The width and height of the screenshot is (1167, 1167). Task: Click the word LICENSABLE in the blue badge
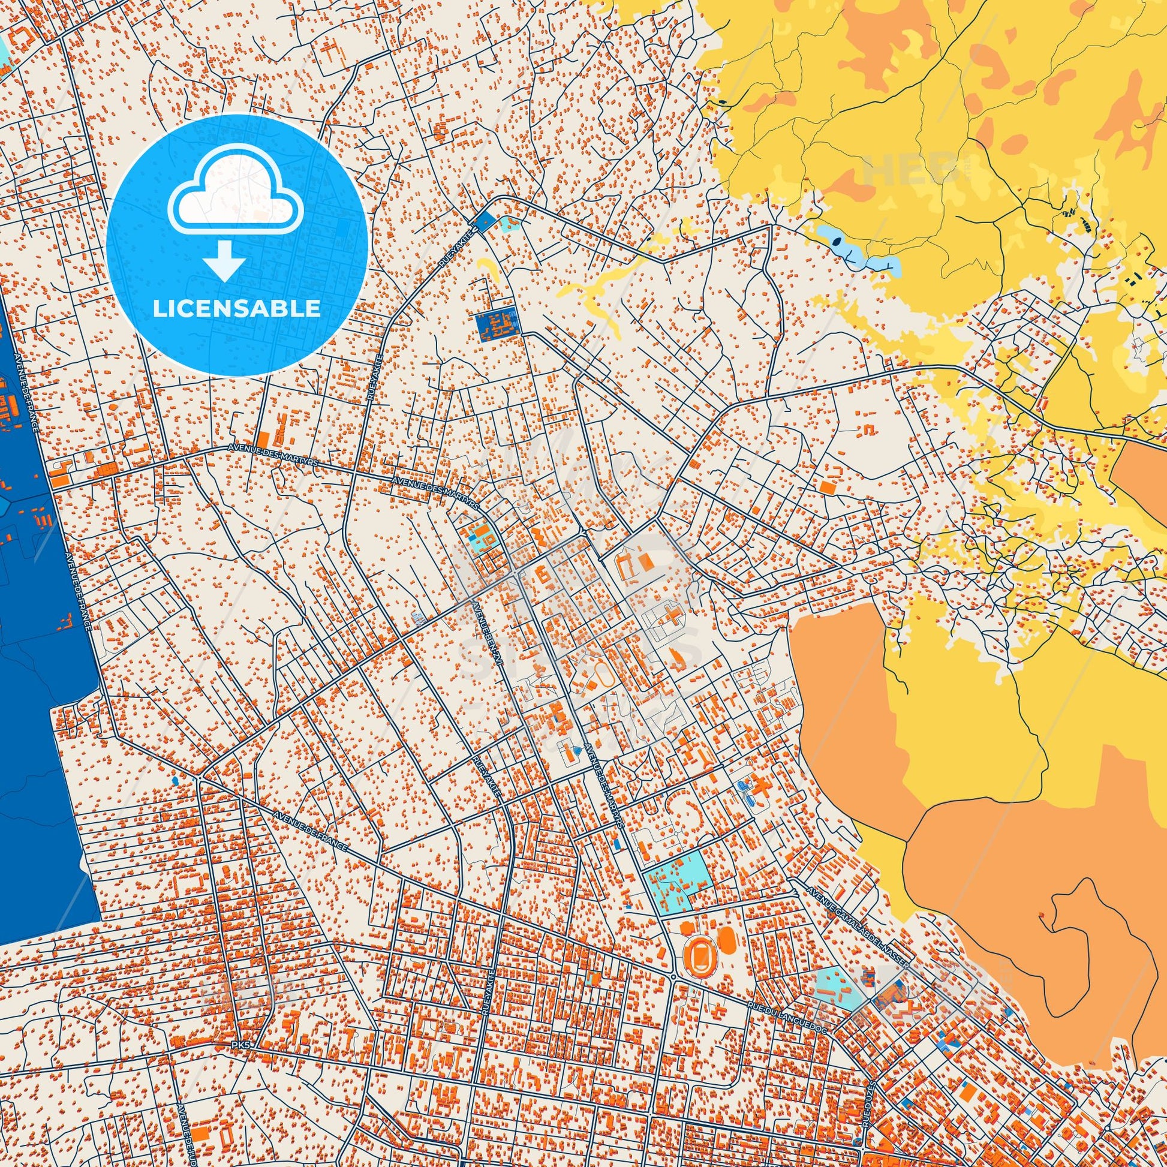click(237, 308)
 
